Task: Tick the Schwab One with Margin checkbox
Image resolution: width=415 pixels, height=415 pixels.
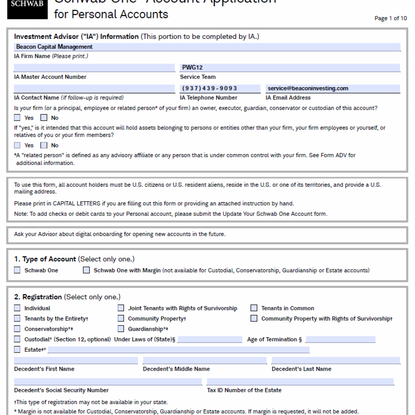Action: [x=86, y=270]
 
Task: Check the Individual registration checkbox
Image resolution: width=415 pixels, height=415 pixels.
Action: [x=17, y=308]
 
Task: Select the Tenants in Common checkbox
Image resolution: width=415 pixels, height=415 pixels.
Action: [x=254, y=308]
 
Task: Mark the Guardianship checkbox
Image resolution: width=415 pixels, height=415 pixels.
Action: [x=121, y=329]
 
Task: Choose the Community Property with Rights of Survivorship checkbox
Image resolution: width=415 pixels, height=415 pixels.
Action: [x=254, y=319]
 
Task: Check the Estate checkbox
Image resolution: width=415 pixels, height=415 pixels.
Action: [x=17, y=349]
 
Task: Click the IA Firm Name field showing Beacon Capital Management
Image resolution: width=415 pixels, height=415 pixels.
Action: [x=207, y=47]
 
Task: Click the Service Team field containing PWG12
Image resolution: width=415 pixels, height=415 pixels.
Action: [x=290, y=68]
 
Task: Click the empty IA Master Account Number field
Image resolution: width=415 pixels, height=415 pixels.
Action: [x=94, y=68]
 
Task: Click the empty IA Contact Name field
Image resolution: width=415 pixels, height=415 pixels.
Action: [x=94, y=88]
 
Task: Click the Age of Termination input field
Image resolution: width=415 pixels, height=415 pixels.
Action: [x=340, y=339]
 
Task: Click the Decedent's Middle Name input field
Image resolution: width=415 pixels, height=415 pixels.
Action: [x=205, y=361]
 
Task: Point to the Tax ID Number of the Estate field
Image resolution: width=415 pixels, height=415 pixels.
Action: [x=300, y=382]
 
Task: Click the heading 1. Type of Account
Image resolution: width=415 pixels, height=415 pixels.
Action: [x=45, y=259]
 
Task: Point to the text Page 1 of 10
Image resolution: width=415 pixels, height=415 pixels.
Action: [x=391, y=18]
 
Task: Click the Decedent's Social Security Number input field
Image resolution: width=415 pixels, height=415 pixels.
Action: [x=108, y=382]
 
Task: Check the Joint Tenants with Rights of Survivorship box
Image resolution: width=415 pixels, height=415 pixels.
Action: [x=121, y=308]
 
